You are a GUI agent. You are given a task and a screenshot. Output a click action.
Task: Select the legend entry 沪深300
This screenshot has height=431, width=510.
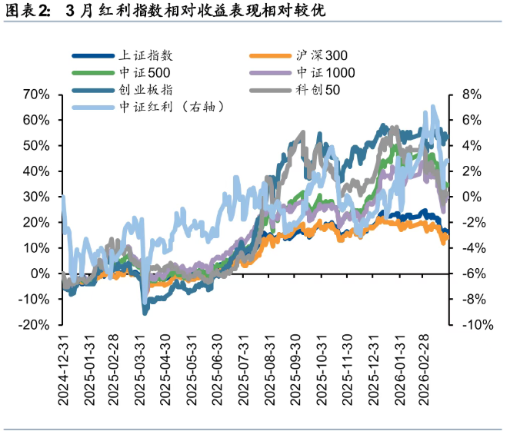click(322, 55)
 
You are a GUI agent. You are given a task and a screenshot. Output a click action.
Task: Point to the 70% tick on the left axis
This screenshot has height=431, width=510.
click(36, 94)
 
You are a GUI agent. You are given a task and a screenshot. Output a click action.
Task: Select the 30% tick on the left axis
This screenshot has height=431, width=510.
click(36, 197)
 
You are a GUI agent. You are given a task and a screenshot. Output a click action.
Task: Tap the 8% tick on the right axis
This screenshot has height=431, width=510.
click(471, 94)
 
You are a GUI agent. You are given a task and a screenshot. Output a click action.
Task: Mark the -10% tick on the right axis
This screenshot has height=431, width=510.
click(474, 325)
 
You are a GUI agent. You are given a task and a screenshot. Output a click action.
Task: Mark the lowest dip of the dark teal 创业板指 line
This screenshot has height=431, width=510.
click(144, 312)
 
